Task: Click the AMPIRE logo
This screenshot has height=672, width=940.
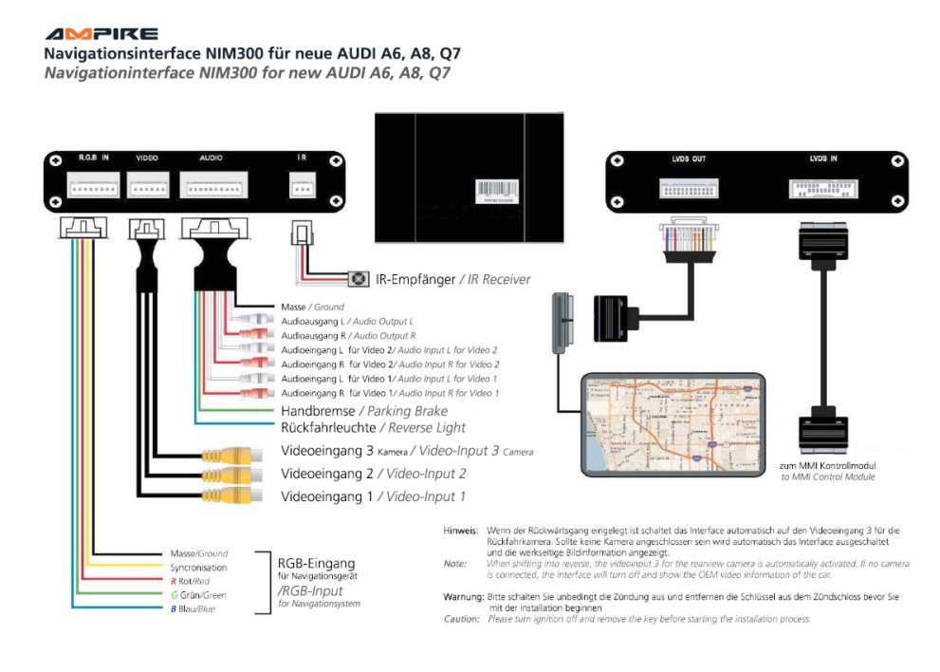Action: pyautogui.click(x=101, y=34)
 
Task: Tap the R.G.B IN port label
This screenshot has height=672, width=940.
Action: pyautogui.click(x=94, y=158)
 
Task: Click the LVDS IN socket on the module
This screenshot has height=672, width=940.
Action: pyautogui.click(x=823, y=188)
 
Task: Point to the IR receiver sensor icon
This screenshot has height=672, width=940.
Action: pyautogui.click(x=359, y=279)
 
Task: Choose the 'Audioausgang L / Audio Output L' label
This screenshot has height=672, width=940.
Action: pyautogui.click(x=347, y=323)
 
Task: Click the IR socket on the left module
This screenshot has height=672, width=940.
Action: pyautogui.click(x=303, y=188)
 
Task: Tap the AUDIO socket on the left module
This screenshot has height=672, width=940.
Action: pyautogui.click(x=214, y=188)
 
